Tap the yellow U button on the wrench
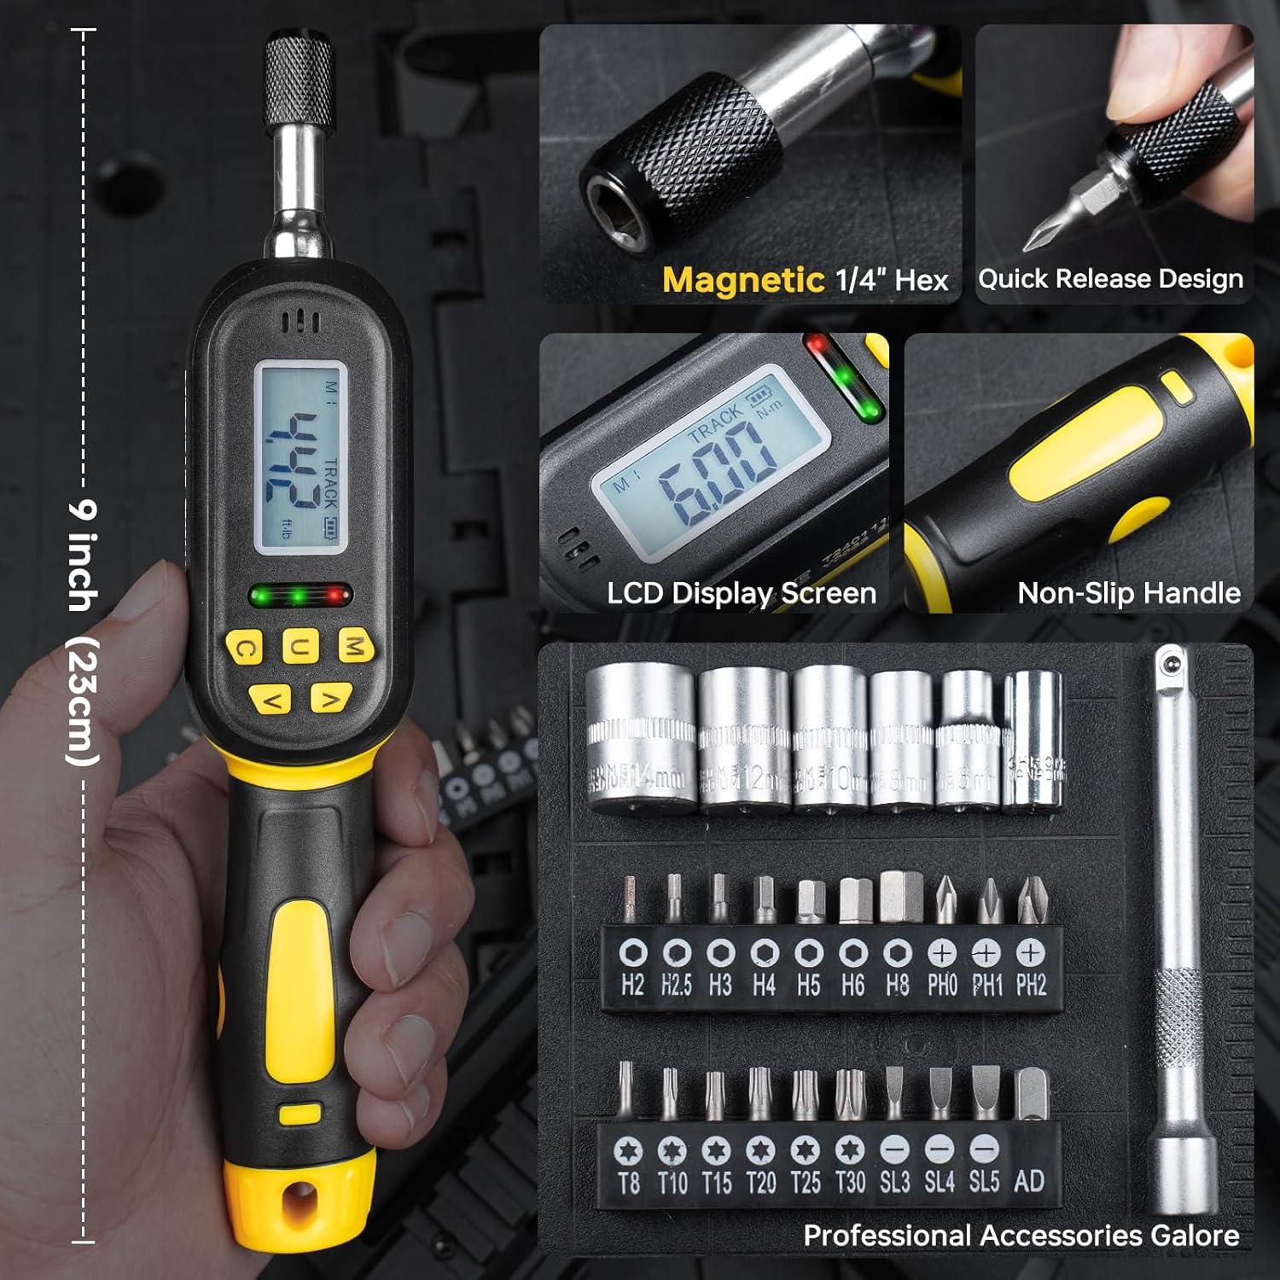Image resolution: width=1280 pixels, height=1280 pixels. coord(300,647)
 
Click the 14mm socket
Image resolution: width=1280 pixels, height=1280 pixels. coord(641,739)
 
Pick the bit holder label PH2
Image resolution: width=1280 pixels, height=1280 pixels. coord(1031,986)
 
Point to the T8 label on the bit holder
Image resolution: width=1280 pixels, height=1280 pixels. coord(629,1183)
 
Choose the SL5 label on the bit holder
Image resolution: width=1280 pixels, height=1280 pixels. coord(984,1182)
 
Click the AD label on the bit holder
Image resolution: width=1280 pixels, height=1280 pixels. coord(1029,1182)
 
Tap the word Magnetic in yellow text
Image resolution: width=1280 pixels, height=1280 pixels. coord(743,280)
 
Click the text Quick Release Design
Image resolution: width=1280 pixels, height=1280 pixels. coord(1110,279)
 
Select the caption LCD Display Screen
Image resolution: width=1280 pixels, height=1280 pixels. coord(742,593)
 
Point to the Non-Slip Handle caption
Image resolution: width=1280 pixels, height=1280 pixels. coord(1128,593)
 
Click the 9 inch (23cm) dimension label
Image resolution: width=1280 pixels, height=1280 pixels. coord(84,631)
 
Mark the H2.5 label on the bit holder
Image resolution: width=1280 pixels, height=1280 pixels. coord(676,986)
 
